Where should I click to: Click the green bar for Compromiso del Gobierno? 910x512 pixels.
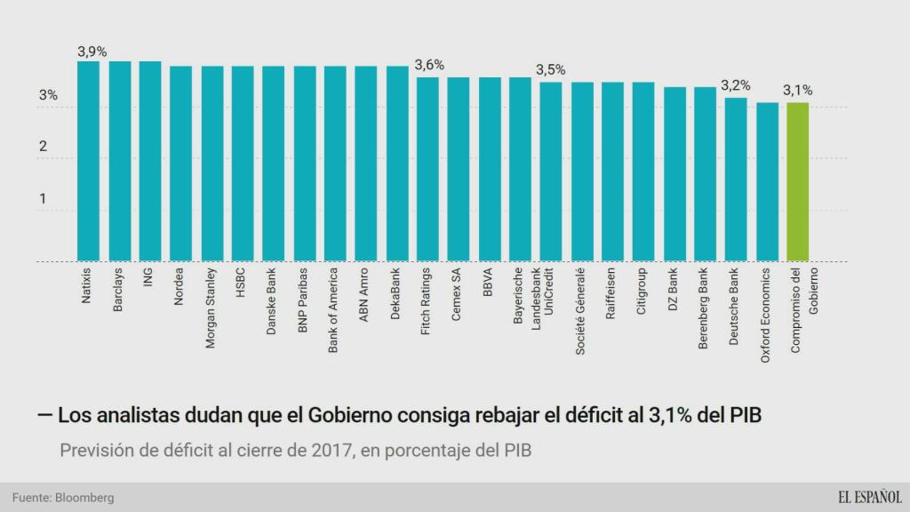[x=797, y=182]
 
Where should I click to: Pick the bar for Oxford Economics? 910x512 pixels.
[x=767, y=182]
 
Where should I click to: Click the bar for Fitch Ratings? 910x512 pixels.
[x=427, y=170]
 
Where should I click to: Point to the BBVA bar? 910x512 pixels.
[x=490, y=170]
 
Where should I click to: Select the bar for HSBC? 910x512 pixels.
[x=243, y=164]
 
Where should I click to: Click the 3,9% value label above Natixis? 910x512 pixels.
[x=92, y=52]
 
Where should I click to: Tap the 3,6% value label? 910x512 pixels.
[x=429, y=65]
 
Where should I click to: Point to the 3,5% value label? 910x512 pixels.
[x=550, y=69]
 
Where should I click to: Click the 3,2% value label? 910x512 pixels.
[x=735, y=85]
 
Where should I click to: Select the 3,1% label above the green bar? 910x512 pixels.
[x=797, y=90]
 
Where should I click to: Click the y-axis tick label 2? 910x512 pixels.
[x=42, y=147]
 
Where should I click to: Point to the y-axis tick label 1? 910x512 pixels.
[x=42, y=198]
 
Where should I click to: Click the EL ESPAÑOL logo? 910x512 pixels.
[x=867, y=497]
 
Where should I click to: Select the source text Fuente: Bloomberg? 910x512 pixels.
[x=63, y=498]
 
